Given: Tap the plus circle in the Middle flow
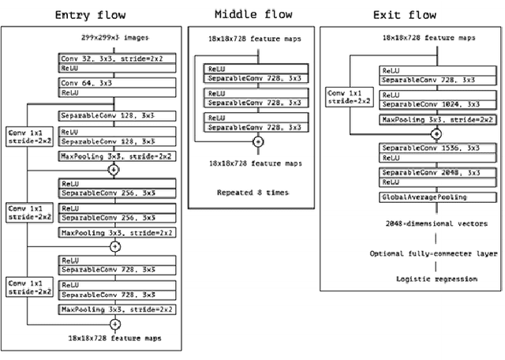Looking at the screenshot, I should pos(257,142).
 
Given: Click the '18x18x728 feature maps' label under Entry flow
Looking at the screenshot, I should pos(115,338).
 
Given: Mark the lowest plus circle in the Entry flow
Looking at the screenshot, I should pos(115,324).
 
